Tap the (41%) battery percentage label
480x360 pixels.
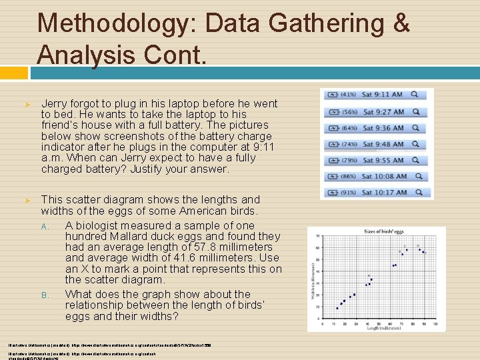[x=347, y=95]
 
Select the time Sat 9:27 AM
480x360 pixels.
[x=382, y=111]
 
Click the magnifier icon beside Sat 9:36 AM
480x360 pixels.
[x=415, y=127]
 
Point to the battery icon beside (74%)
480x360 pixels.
[x=332, y=144]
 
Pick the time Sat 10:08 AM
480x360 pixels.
[x=384, y=177]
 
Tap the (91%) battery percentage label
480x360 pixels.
[x=347, y=193]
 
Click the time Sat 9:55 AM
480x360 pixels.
[x=382, y=160]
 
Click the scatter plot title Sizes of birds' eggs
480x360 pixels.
[x=384, y=231]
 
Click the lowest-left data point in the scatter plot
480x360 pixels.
[x=337, y=308]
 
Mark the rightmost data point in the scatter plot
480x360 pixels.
[x=424, y=253]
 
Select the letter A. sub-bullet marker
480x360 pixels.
[x=45, y=226]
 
